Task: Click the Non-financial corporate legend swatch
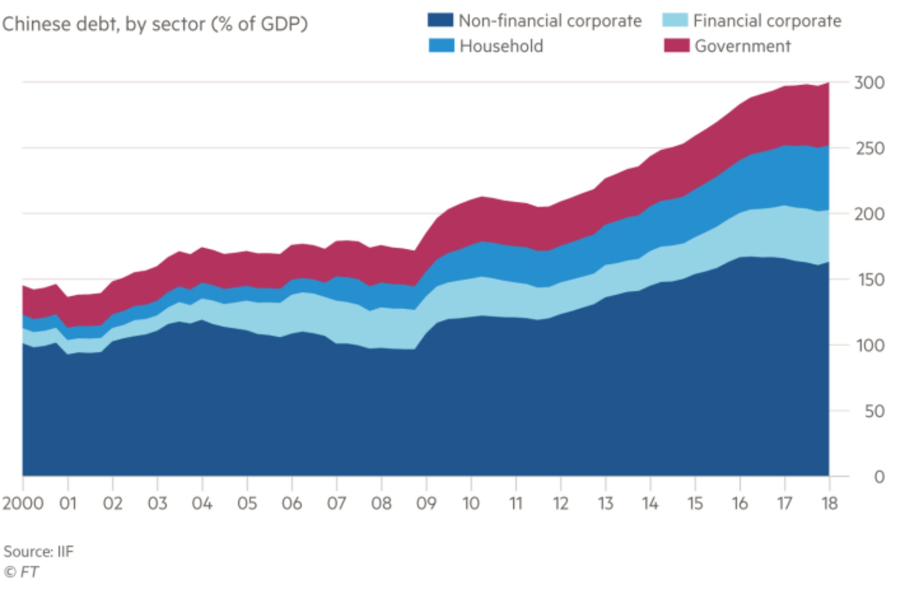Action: (440, 20)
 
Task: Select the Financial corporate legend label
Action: (767, 21)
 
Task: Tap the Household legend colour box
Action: (441, 45)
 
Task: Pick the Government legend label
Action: (742, 46)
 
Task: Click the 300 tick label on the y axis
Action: (869, 83)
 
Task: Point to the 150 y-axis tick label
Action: (869, 280)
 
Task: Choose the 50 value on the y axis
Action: (874, 411)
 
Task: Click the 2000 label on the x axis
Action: (23, 504)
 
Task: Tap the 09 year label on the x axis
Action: (426, 504)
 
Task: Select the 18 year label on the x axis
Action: (829, 504)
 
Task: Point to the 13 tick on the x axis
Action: (605, 504)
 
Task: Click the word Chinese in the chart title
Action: (36, 24)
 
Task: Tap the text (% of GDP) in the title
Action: (260, 24)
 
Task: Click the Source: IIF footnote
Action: (39, 552)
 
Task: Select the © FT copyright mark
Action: (21, 572)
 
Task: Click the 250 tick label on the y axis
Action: (869, 148)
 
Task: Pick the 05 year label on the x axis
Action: (247, 504)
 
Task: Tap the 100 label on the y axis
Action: (869, 346)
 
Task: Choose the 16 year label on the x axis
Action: (740, 504)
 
